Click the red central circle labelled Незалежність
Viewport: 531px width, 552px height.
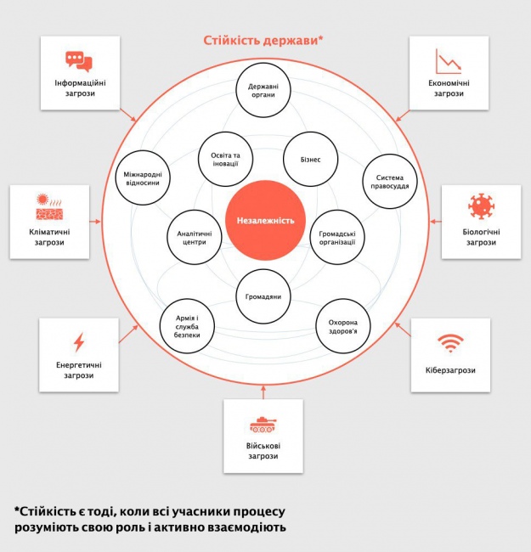pyautogui.click(x=264, y=220)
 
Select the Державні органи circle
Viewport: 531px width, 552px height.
pyautogui.click(x=263, y=92)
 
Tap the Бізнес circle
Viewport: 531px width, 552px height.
pyautogui.click(x=309, y=159)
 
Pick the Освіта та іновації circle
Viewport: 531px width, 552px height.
pyautogui.click(x=226, y=159)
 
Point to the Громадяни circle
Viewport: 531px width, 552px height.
pyautogui.click(x=263, y=296)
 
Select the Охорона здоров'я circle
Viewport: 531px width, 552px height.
pyautogui.click(x=342, y=327)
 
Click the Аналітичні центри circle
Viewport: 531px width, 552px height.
pyautogui.click(x=193, y=237)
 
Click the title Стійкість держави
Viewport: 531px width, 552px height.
pyautogui.click(x=263, y=40)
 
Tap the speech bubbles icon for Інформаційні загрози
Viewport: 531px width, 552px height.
pyautogui.click(x=79, y=60)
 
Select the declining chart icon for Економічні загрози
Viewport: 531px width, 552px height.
pyautogui.click(x=448, y=61)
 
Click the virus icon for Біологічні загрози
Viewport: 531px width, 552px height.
pyautogui.click(x=481, y=206)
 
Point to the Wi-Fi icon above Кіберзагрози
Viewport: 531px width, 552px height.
pyautogui.click(x=450, y=343)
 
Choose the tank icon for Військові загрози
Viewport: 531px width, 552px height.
pyautogui.click(x=263, y=424)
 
